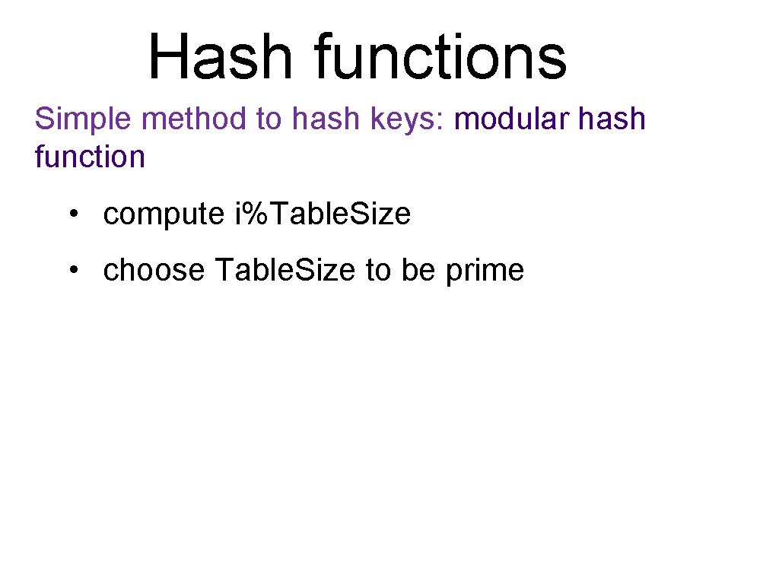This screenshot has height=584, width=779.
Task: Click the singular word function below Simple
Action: (x=90, y=157)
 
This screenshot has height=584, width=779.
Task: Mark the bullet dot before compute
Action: (x=72, y=215)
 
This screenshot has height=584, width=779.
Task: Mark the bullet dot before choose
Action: (x=72, y=270)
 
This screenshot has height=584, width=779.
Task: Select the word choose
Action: (x=154, y=270)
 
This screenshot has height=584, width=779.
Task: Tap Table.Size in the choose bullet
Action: (x=285, y=270)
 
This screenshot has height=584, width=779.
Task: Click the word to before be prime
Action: (x=377, y=270)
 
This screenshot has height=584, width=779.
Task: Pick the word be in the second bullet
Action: (x=418, y=270)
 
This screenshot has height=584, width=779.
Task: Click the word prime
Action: (x=485, y=271)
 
